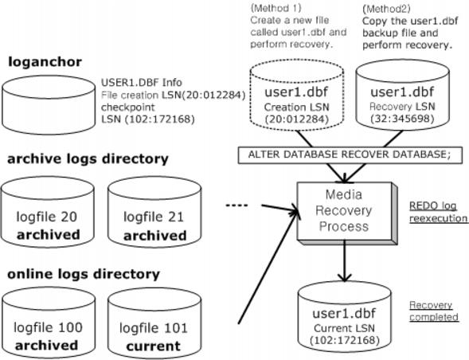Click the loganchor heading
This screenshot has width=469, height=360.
pyautogui.click(x=45, y=62)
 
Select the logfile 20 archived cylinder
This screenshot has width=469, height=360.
pyautogui.click(x=48, y=212)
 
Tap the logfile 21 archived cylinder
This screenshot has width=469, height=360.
pyautogui.click(x=154, y=212)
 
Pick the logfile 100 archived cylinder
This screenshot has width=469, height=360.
pyautogui.click(x=49, y=323)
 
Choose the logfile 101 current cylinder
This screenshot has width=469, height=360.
pyautogui.click(x=154, y=323)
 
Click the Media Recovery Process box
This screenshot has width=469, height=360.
pyautogui.click(x=347, y=213)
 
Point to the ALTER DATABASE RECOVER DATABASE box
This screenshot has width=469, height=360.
pyautogui.click(x=350, y=155)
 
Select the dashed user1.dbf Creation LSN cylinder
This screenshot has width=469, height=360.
pyautogui.click(x=297, y=95)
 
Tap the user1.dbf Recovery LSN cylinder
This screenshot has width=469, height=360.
pyautogui.click(x=403, y=95)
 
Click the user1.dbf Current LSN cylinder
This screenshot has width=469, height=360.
pyautogui.click(x=345, y=317)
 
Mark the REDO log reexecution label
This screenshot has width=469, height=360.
pyautogui.click(x=438, y=212)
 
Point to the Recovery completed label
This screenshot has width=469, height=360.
pyautogui.click(x=434, y=311)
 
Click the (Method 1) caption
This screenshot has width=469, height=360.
pyautogui.click(x=276, y=8)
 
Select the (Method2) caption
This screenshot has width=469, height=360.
pyautogui.click(x=386, y=9)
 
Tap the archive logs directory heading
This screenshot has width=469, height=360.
pyautogui.click(x=88, y=159)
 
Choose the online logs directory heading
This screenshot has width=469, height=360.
pyautogui.click(x=84, y=274)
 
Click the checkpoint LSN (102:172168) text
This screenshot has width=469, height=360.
pyautogui.click(x=148, y=113)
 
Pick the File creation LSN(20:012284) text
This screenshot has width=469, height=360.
pyautogui.click(x=173, y=95)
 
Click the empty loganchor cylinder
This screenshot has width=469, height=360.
pyautogui.click(x=49, y=105)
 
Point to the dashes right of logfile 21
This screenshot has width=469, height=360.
pyautogui.click(x=236, y=205)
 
